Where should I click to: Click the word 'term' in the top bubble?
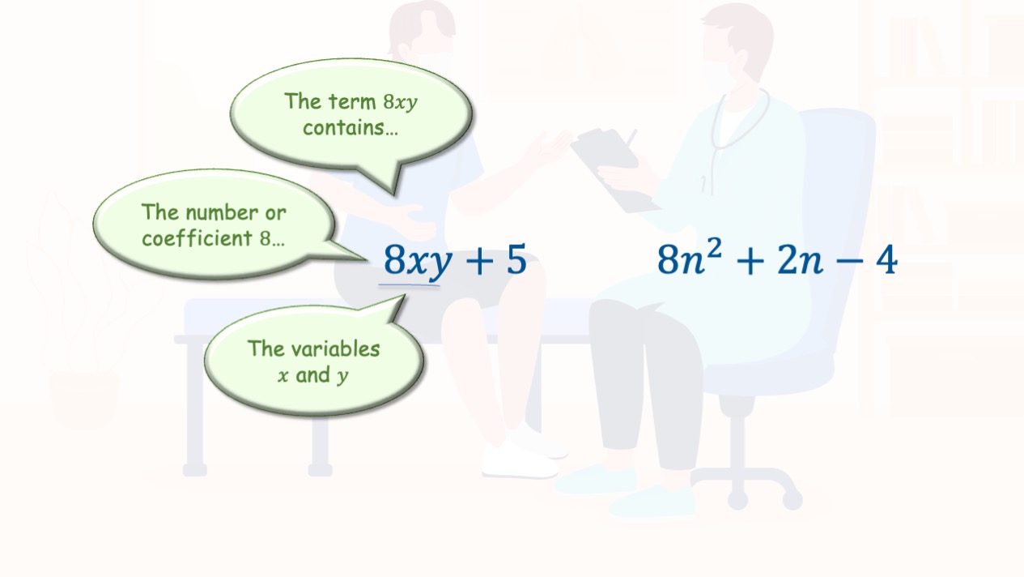pos(352,101)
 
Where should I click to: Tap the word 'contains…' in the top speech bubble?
pos(351,128)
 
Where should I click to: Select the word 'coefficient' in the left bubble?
pos(197,238)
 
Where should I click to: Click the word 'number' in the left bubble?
pos(222,213)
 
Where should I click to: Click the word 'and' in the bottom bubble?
pos(312,375)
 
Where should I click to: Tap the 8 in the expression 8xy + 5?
pos(395,259)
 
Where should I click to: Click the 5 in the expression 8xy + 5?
pos(516,259)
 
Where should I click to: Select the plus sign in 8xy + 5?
pos(479,261)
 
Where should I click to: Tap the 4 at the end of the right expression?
pos(887,259)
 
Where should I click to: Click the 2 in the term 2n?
pos(788,259)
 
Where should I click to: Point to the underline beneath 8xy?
pos(409,285)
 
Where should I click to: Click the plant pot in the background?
pos(84,399)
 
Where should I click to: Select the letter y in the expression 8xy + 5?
pos(440,264)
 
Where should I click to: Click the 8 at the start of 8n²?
pos(669,259)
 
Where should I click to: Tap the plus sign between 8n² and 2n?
pos(750,262)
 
